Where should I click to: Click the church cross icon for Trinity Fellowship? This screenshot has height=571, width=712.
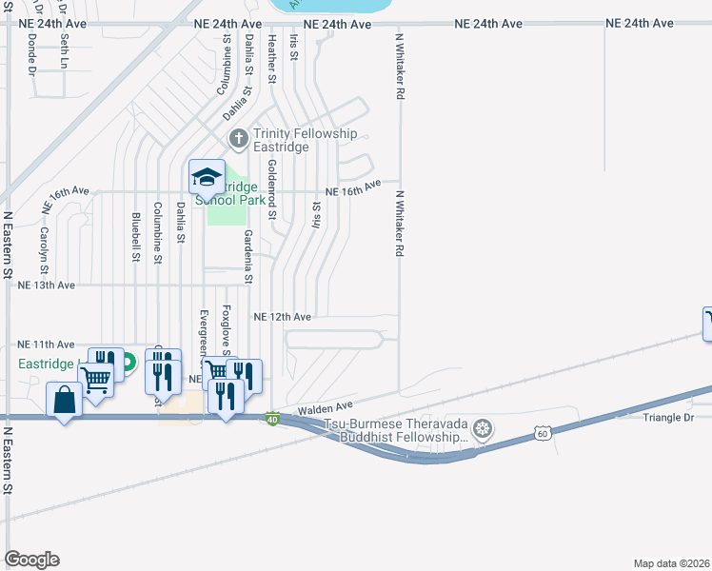[x=238, y=140]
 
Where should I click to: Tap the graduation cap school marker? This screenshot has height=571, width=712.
[x=206, y=178]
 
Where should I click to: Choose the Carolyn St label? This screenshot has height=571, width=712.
[x=44, y=245]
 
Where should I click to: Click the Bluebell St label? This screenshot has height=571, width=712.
[x=136, y=237]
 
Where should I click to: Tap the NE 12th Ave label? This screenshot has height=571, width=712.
[x=283, y=316]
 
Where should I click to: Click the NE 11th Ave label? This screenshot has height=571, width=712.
[x=45, y=344]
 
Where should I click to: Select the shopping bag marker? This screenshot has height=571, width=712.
[x=64, y=401]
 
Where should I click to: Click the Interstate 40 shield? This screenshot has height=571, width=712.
[x=272, y=419]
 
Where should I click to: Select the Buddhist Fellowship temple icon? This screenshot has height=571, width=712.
[x=484, y=429]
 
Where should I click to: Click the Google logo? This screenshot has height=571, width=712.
[x=31, y=560]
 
